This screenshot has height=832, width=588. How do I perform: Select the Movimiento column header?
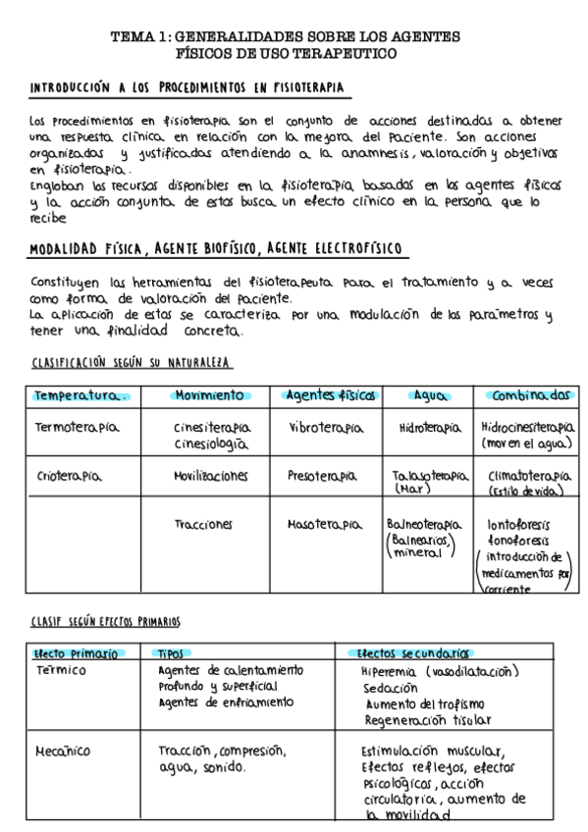(x=208, y=395)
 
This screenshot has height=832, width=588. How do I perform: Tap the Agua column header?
(x=430, y=395)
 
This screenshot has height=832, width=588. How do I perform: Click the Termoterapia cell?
(x=76, y=429)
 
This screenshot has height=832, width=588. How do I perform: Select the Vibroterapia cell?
(x=326, y=429)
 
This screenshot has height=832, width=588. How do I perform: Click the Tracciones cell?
(x=203, y=524)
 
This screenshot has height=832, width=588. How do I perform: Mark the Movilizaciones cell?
(x=210, y=476)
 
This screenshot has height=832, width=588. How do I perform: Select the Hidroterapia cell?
(x=430, y=429)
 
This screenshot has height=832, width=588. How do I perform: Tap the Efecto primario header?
(x=76, y=653)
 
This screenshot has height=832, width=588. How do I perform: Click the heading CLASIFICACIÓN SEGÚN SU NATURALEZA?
(x=132, y=363)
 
